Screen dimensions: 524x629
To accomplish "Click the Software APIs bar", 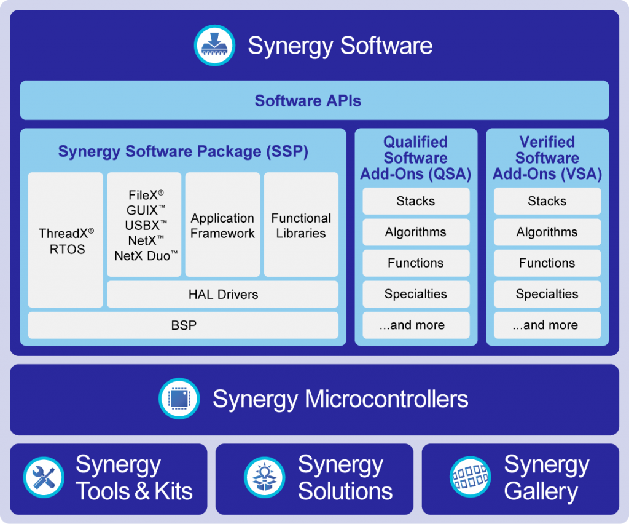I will (x=314, y=100).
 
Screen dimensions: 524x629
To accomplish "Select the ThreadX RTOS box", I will (x=66, y=240).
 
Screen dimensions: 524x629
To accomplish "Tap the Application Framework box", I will (x=222, y=226).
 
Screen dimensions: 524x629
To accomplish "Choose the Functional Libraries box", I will (x=301, y=226).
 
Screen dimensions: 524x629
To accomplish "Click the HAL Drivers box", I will (x=222, y=295).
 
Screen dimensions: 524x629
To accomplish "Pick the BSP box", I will (x=183, y=325).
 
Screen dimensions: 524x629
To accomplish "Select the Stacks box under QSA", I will (x=416, y=201).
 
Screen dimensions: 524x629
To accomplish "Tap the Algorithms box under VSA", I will (x=547, y=232).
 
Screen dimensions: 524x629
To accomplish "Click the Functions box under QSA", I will (x=416, y=263).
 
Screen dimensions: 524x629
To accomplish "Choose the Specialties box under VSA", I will (x=547, y=294).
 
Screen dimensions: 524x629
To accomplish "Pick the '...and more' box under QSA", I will (x=416, y=325).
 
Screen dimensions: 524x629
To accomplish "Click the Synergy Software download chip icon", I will (x=214, y=45).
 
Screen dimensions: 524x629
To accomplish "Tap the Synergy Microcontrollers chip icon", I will (x=179, y=399).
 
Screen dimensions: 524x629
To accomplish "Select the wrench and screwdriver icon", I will (x=44, y=478).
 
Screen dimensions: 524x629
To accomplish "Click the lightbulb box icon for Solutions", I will (x=264, y=478).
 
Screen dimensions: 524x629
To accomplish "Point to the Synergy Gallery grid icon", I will (x=471, y=478).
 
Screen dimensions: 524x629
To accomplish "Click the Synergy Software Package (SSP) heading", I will (x=183, y=151).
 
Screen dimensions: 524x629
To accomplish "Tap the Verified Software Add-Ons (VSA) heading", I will (x=547, y=158).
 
